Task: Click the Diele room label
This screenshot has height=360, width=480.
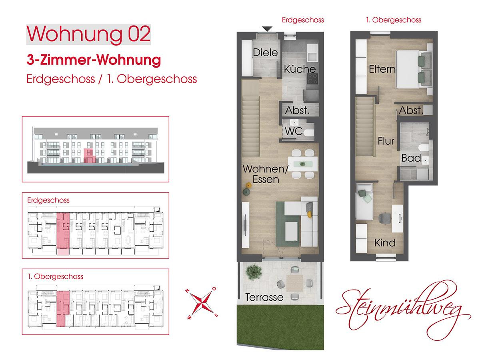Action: point(265,53)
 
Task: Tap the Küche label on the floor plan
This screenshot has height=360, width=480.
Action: point(300,69)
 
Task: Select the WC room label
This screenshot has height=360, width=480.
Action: point(294,131)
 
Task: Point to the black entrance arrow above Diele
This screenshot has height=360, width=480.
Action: point(267,29)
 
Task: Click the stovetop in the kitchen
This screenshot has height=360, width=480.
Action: point(312,79)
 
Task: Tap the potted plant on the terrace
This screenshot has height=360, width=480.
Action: point(254,272)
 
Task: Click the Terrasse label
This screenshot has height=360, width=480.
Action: point(264,297)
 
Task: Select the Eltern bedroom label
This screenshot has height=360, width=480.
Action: point(382,69)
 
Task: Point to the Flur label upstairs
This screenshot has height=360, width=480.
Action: point(386,141)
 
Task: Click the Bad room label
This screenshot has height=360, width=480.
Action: point(411,158)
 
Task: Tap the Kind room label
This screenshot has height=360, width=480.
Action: point(385,243)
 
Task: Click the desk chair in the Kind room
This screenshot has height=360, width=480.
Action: point(385,218)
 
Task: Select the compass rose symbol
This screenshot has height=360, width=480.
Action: point(201,303)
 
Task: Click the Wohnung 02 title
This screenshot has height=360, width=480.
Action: point(88,34)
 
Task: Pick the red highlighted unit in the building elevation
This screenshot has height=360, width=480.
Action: point(90,156)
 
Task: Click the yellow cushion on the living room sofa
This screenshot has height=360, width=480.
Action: point(310,215)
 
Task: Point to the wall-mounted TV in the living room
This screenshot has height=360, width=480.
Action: point(246,225)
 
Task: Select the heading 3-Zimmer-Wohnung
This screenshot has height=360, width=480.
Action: point(94,60)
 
